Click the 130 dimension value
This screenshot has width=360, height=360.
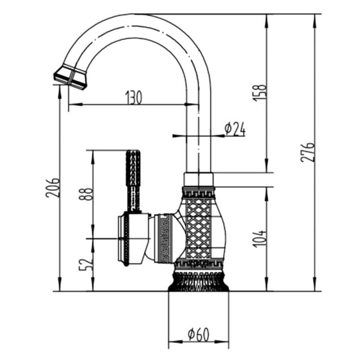tap(134, 97)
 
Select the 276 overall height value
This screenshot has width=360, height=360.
tap(307, 152)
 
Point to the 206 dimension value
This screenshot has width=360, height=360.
tap(53, 187)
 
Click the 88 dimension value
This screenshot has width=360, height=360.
tap(86, 194)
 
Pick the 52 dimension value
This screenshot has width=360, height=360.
tap(86, 265)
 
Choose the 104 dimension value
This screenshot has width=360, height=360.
tap(260, 239)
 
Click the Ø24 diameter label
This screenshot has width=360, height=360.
tap(235, 129)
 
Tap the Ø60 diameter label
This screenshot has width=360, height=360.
tap(198, 334)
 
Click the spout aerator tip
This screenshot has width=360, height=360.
tap(70, 77)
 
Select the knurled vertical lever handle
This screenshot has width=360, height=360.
tap(133, 181)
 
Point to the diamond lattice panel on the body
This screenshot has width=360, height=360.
tap(198, 228)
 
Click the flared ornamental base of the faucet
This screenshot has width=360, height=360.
tap(198, 282)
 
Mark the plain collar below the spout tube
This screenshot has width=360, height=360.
tap(198, 179)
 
